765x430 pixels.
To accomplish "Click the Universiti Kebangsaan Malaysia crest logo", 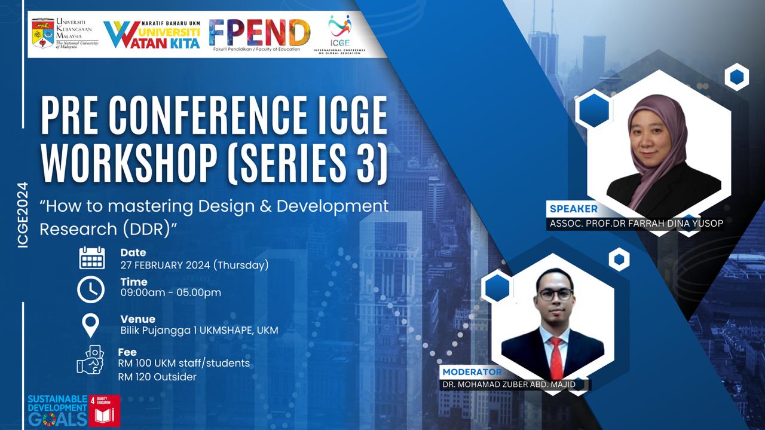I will coord(42,33).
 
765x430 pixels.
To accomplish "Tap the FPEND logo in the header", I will coord(259,33).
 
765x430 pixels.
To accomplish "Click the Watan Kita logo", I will coord(152,34).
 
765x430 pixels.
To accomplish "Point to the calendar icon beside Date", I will coord(91,258).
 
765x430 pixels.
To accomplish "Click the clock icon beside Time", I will coord(91,289).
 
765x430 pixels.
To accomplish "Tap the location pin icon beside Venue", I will coord(90,326).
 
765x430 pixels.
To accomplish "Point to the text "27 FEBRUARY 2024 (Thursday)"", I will coord(194,264).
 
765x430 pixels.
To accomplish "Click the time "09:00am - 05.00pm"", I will coord(170,292).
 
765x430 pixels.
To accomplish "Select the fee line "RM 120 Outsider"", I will coord(157,377).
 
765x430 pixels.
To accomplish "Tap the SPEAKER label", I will coord(573,209).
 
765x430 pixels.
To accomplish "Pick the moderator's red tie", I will coord(556,358).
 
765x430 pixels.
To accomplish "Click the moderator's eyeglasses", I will coord(555,294).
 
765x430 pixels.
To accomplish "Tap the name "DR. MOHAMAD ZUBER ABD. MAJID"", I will coord(513,385).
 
